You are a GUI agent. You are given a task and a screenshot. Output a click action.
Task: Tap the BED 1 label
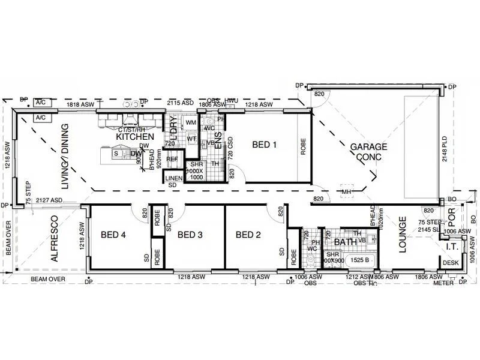pos(265,145)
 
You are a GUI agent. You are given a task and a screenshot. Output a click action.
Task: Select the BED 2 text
pos(248,235)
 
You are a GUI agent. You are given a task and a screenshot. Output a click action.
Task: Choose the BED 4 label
pos(113,235)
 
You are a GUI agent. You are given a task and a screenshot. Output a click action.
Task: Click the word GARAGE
pos(368,146)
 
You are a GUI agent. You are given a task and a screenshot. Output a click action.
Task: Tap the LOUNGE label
pos(403,234)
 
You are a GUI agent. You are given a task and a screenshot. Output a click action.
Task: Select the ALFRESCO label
pos(55,238)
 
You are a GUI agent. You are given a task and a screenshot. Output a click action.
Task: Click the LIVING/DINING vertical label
pos(65,157)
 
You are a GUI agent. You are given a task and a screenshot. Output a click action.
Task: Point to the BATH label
pos(345,242)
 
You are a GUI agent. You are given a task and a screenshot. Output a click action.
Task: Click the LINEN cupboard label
pos(173,179)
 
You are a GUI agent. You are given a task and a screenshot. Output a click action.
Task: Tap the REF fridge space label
pos(172,160)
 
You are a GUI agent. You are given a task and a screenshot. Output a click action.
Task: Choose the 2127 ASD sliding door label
pos(49,200)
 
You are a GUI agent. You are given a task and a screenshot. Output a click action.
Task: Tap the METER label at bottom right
pos(443,283)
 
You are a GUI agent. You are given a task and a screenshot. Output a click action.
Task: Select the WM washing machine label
pos(191,122)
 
